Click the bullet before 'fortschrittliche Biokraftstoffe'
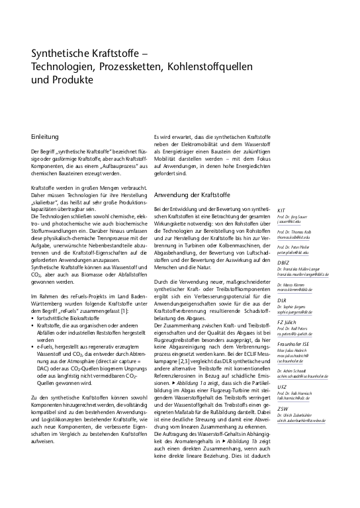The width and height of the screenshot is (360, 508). (x=33, y=300)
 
